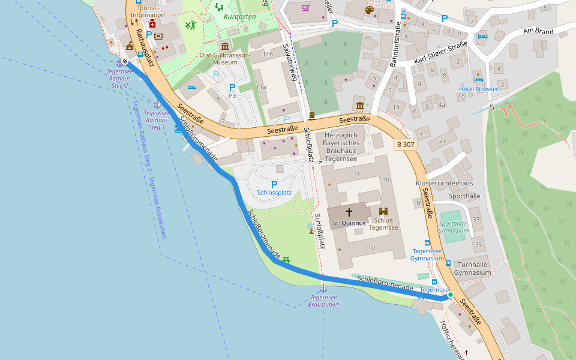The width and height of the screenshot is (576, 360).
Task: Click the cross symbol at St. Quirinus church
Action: [349, 212]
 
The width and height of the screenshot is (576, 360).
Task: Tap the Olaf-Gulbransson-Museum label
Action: [224, 58]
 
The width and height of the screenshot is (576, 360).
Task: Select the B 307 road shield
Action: [406, 145]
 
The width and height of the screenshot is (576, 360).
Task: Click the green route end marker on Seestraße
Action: [450, 295]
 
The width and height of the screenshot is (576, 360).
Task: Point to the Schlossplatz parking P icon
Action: [274, 185]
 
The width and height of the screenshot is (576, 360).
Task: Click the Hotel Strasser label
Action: [478, 89]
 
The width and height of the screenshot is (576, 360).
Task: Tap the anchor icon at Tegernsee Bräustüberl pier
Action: [323, 289]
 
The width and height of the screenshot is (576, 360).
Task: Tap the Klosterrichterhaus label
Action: [445, 182]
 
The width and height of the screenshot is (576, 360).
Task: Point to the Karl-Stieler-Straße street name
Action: [440, 53]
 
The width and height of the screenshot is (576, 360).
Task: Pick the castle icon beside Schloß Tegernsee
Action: [384, 211]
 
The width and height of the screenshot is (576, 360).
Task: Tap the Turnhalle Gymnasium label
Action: [472, 269]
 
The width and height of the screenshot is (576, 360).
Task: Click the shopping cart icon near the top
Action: [305, 8]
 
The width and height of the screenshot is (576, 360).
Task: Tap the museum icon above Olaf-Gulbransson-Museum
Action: [225, 46]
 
